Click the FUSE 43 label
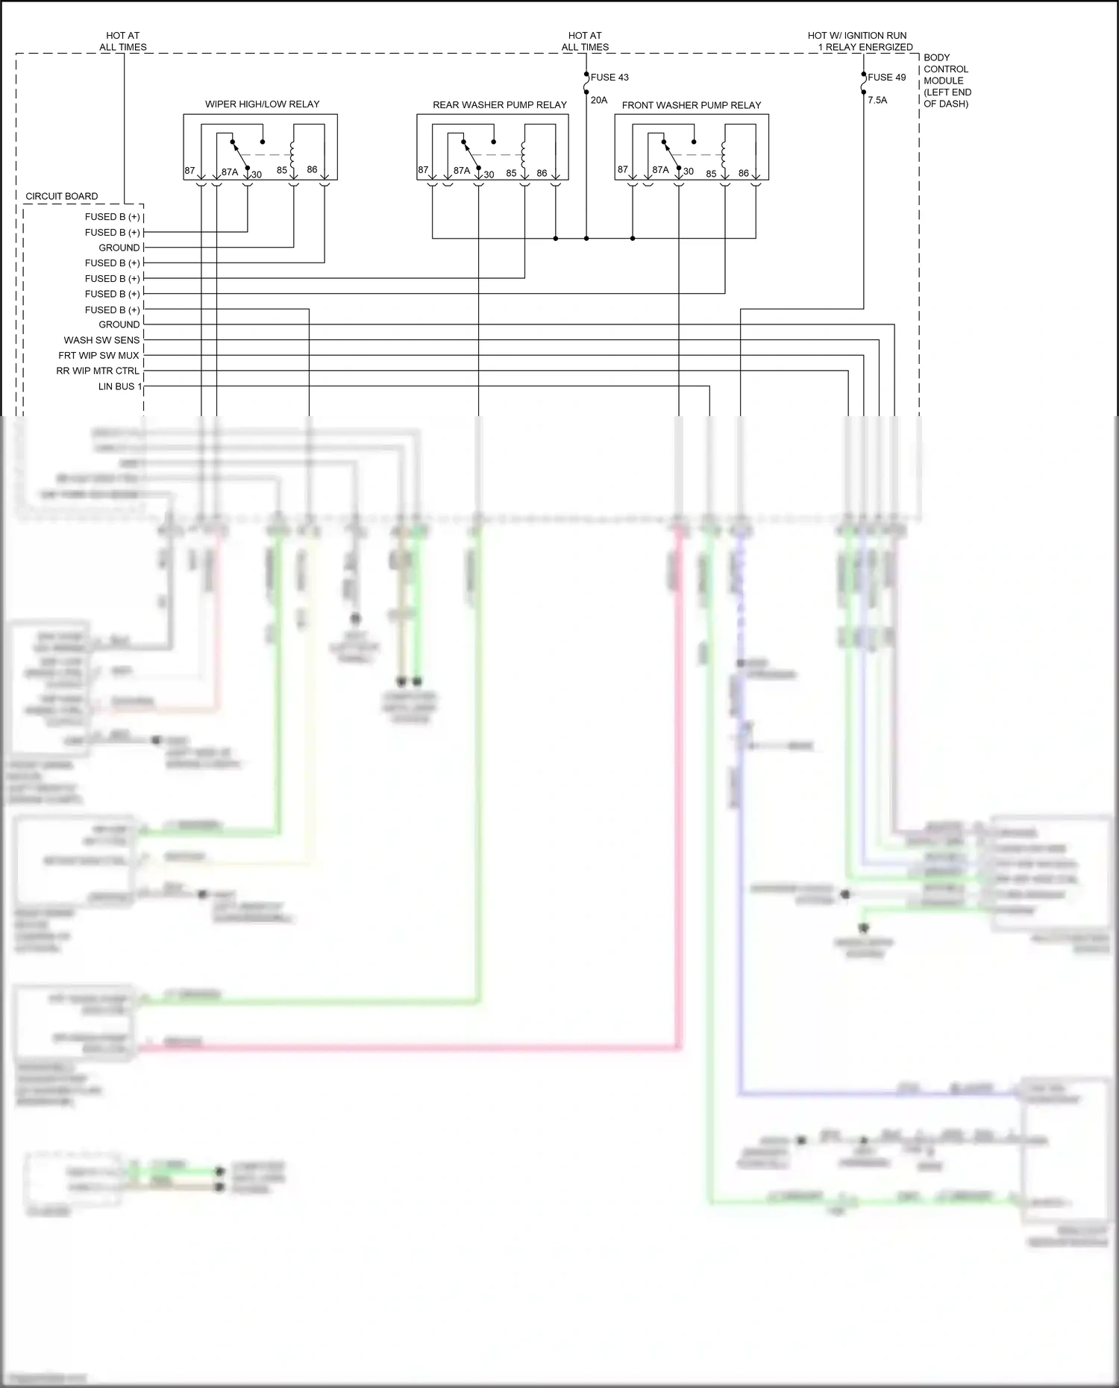pyautogui.click(x=609, y=78)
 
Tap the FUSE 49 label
pyautogui.click(x=886, y=78)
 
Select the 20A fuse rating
pyautogui.click(x=599, y=100)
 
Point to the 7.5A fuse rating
pyautogui.click(x=877, y=100)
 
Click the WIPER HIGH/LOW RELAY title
pyautogui.click(x=262, y=104)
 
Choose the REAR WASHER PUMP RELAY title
pyautogui.click(x=500, y=105)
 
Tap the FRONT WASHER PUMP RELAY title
pyautogui.click(x=692, y=105)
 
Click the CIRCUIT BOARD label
pyautogui.click(x=62, y=197)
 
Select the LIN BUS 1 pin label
pyautogui.click(x=119, y=386)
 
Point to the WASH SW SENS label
pyautogui.click(x=101, y=340)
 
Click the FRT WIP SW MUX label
pyautogui.click(x=98, y=356)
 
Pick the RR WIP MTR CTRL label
pyautogui.click(x=98, y=371)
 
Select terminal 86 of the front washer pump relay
pyautogui.click(x=743, y=173)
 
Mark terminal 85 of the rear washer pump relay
pyautogui.click(x=511, y=173)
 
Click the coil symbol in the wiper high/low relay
pyautogui.click(x=293, y=154)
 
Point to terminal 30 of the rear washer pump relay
pyautogui.click(x=489, y=175)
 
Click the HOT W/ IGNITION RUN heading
pyautogui.click(x=858, y=36)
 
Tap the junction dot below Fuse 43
pyautogui.click(x=586, y=239)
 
